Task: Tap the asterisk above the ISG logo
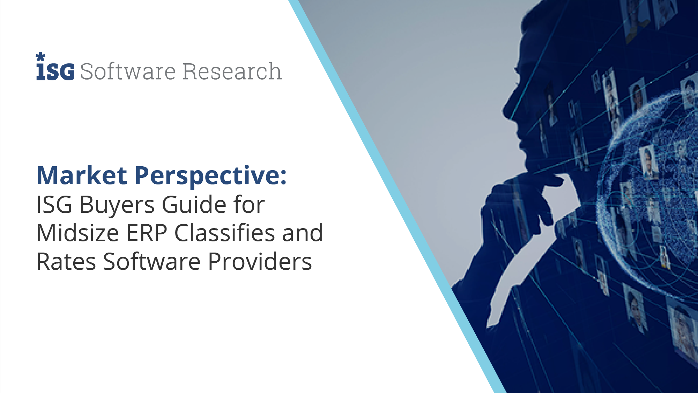(x=40, y=57)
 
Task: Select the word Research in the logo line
(x=232, y=71)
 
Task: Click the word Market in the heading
(x=82, y=175)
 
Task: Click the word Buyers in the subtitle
(x=117, y=205)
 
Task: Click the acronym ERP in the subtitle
(x=147, y=233)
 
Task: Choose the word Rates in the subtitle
(x=66, y=262)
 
